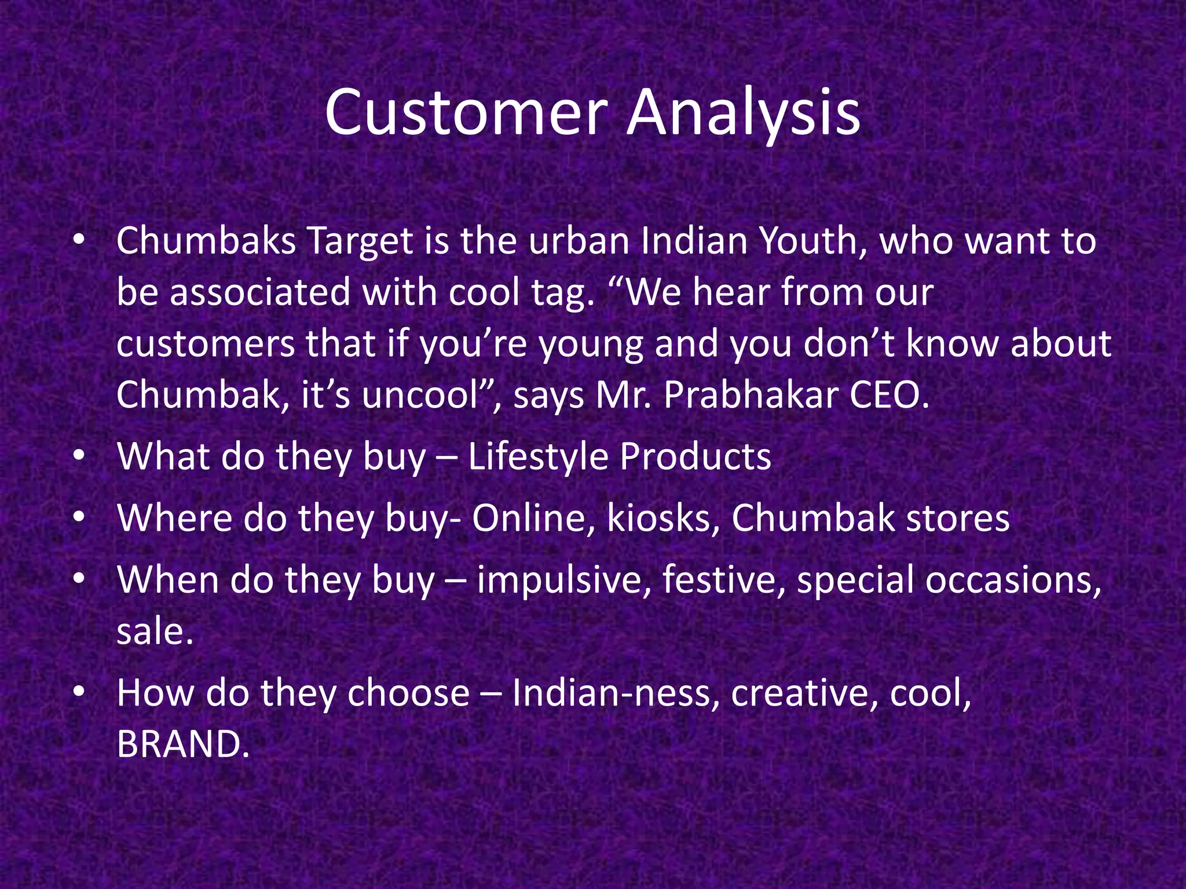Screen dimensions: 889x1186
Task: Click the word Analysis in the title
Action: (x=744, y=113)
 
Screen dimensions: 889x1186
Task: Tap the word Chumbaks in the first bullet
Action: (x=206, y=241)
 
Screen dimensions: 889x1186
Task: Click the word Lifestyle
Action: (x=537, y=457)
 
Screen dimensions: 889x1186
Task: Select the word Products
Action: (x=695, y=457)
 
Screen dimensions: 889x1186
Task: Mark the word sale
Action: (x=154, y=631)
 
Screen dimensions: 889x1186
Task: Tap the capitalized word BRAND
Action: (x=182, y=744)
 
